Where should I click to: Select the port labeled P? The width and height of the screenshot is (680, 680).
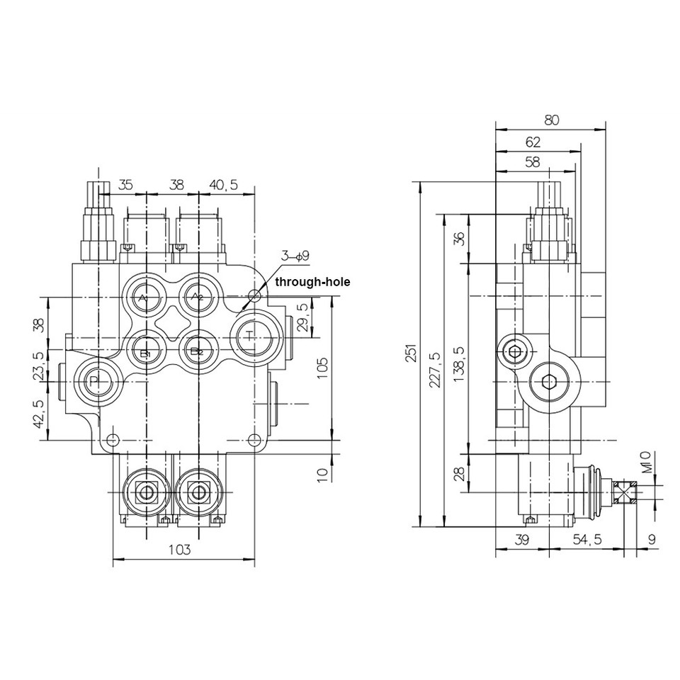pos(95,383)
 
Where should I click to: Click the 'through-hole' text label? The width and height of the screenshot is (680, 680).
pos(312,282)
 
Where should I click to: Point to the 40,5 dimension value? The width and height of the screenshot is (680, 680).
pos(223,185)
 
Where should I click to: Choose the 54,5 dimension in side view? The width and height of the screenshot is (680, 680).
pos(587,539)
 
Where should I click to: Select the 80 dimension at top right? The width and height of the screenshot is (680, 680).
pos(552,120)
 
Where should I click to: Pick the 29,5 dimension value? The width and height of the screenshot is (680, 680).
pos(303,317)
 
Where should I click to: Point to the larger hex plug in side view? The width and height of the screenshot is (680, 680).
pos(548,383)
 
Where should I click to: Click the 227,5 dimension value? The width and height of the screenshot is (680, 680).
pos(434,369)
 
